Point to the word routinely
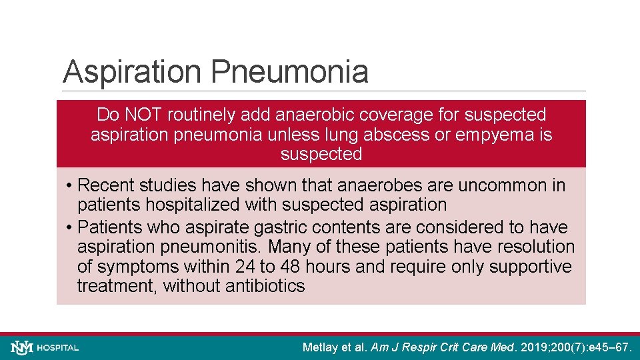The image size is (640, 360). click(201, 115)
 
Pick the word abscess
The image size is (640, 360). click(400, 135)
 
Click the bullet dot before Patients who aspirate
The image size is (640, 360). click(70, 227)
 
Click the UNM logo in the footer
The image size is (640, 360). click(22, 347)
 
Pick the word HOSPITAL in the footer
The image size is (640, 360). click(58, 348)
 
